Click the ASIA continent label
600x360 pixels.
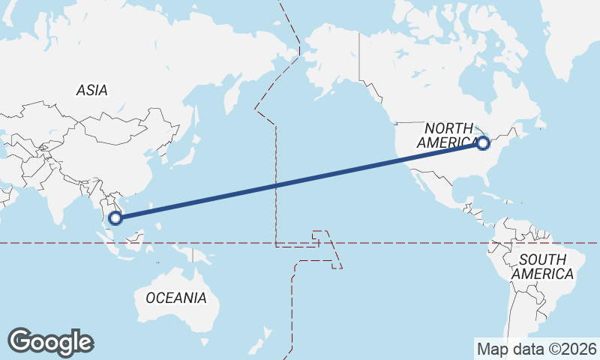tap(92, 90)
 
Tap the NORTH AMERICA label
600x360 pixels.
tap(448, 135)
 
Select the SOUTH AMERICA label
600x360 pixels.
tap(542, 266)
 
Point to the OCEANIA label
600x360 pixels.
tap(175, 298)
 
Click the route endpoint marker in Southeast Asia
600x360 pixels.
tap(115, 218)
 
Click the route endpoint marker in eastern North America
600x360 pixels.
tap(483, 142)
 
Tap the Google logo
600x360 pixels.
tap(50, 342)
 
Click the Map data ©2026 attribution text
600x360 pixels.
tap(537, 349)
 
